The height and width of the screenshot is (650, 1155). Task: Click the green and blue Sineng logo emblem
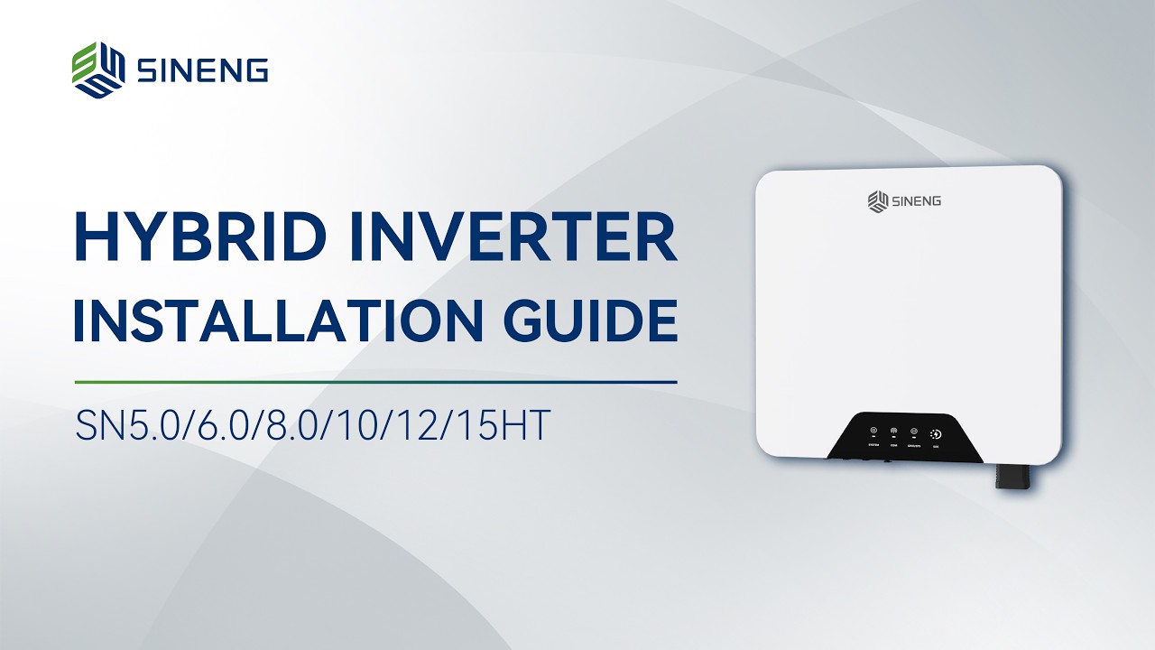(x=98, y=69)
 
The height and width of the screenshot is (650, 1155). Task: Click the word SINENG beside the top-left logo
(x=202, y=70)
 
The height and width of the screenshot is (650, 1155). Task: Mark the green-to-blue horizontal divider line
(x=375, y=382)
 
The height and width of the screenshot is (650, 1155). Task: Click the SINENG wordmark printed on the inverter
(x=916, y=200)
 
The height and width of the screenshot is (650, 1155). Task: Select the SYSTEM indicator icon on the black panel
(x=873, y=432)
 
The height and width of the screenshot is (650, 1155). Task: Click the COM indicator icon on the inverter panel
(x=893, y=432)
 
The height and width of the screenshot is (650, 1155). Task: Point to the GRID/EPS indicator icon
(x=914, y=432)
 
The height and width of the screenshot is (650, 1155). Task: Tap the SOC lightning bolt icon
(x=936, y=433)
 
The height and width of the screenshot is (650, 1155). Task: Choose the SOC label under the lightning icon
(x=936, y=446)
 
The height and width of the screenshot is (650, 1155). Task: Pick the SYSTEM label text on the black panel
(x=873, y=445)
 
